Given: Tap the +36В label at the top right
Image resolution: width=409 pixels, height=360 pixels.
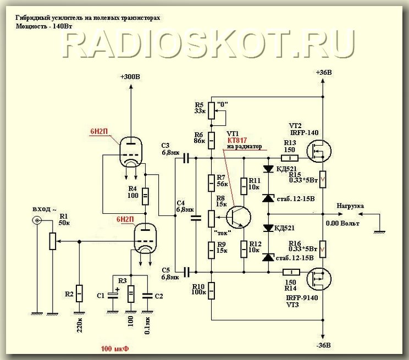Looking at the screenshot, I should (x=324, y=73).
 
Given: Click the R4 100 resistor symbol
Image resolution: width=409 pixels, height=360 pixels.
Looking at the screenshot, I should (x=146, y=196).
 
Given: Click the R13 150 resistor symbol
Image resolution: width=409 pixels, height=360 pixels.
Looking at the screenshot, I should (x=290, y=158).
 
